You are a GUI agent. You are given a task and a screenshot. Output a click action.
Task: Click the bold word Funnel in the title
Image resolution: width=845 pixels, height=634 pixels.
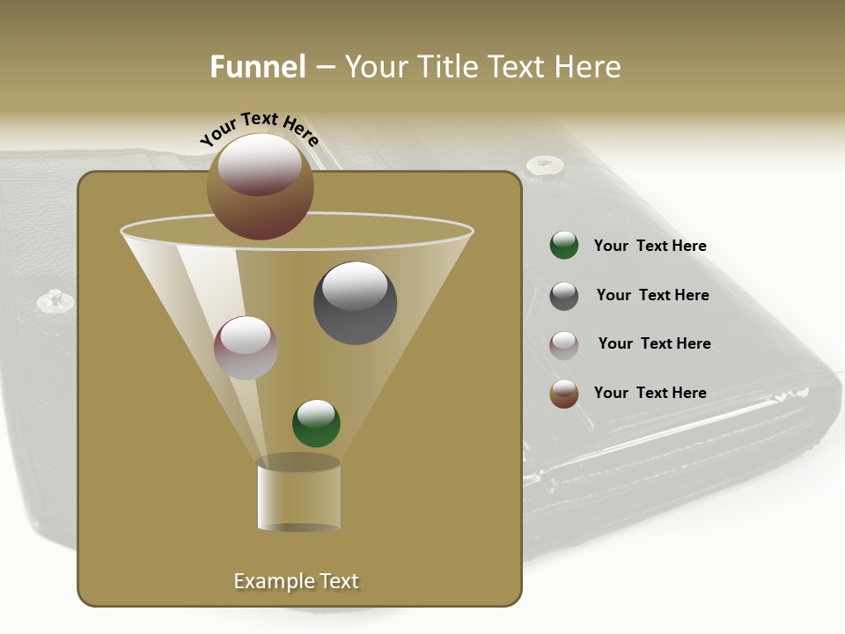[258, 67]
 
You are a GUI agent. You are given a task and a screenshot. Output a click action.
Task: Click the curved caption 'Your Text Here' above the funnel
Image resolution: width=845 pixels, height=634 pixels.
[260, 129]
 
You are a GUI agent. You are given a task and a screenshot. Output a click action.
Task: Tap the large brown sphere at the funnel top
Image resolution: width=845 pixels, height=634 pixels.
[261, 186]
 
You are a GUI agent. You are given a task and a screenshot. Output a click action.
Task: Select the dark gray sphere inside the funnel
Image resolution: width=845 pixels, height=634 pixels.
[356, 303]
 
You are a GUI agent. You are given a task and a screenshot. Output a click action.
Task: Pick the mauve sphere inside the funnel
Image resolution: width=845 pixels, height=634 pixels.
[246, 348]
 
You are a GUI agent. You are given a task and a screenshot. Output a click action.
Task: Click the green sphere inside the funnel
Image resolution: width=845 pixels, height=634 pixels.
[316, 424]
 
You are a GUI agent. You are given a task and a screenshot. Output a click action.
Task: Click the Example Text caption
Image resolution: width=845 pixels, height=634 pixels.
[297, 581]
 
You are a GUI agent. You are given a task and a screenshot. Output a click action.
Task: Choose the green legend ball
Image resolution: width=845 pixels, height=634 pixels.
[564, 246]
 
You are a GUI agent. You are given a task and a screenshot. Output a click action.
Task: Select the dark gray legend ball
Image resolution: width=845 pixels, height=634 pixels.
[564, 296]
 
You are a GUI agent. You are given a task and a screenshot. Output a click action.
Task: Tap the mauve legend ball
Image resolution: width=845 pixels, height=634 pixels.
[564, 344]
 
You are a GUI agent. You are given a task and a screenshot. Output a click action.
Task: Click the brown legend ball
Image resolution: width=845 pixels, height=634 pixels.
[564, 394]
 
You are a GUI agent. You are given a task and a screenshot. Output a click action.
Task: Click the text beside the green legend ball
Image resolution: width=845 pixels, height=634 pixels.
[650, 247]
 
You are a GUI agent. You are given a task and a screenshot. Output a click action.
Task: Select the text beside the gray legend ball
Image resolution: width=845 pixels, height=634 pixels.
[652, 296]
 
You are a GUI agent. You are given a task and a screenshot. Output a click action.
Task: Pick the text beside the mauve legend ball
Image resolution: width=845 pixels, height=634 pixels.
[654, 344]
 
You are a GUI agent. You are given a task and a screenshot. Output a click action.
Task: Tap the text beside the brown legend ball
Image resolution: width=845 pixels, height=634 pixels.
[650, 394]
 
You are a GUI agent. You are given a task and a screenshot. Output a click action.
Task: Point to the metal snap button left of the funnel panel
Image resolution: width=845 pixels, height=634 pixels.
[55, 301]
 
